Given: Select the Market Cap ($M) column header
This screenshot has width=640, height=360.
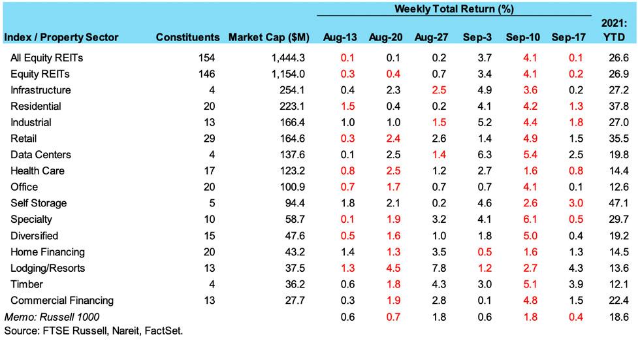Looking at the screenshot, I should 268,37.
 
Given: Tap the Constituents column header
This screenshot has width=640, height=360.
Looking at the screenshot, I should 187,37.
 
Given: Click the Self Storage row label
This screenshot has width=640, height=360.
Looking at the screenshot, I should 39,203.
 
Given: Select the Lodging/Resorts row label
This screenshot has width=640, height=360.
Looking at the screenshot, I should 48,268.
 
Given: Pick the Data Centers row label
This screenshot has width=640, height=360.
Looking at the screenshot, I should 40,155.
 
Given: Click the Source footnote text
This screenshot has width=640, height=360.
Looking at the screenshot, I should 93,331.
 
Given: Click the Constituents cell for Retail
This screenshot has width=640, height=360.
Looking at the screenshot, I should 208,139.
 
